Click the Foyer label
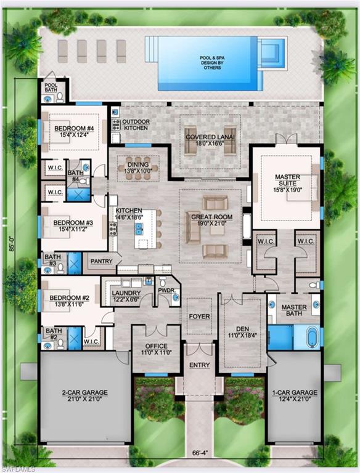tap(200, 317)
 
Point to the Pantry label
tap(101, 261)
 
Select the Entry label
tap(200, 365)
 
